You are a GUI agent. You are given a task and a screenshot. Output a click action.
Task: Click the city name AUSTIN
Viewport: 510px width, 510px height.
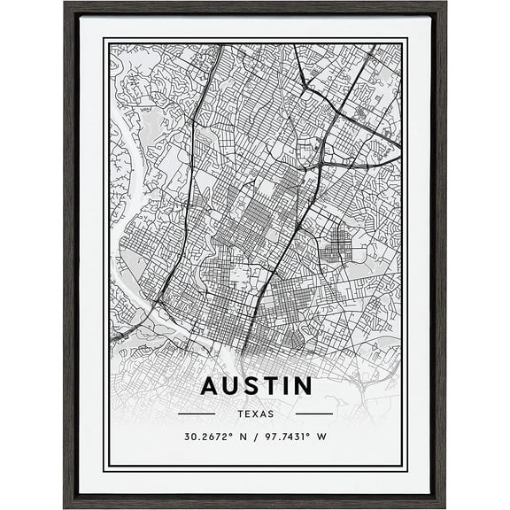(x=256, y=386)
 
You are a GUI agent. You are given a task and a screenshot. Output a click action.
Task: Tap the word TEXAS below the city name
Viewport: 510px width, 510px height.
(x=256, y=413)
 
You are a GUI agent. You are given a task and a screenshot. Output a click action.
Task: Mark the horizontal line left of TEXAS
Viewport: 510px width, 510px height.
(x=197, y=413)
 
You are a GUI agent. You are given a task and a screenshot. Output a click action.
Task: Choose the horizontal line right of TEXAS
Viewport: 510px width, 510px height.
(x=314, y=413)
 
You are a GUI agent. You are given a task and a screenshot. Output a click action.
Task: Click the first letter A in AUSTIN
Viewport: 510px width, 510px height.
(x=210, y=386)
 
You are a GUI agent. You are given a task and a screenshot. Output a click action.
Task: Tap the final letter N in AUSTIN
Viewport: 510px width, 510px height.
(x=301, y=386)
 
